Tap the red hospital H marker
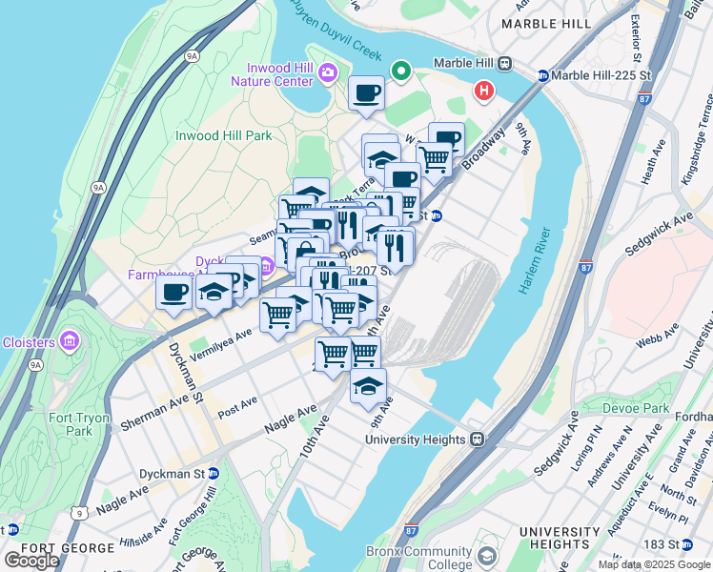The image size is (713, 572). tap(484, 92)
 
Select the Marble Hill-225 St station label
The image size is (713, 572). tap(595, 75)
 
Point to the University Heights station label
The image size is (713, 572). tap(417, 439)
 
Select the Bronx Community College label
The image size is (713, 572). tap(424, 558)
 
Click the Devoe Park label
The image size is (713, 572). tap(638, 408)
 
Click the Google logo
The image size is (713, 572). tap(31, 561)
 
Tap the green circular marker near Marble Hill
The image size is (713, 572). tap(402, 70)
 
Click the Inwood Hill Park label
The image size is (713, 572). tap(223, 135)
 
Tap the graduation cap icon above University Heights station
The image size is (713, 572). tap(368, 385)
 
